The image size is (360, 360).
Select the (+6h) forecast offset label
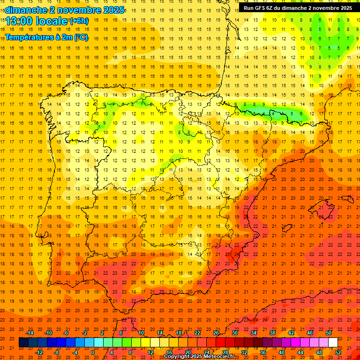click(x=79, y=21)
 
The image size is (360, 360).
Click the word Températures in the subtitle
click(x=28, y=37)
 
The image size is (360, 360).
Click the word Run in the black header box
click(x=248, y=8)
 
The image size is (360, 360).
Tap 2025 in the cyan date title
click(x=113, y=9)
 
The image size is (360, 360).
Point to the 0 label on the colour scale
click(x=92, y=352)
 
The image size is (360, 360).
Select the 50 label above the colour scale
click(x=329, y=333)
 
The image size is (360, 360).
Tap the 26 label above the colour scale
click(x=216, y=333)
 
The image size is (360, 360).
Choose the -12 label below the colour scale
click(x=39, y=352)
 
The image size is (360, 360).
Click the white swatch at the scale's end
click(x=333, y=343)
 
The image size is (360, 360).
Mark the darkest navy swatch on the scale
click(x=24, y=343)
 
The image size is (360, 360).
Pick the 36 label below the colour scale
click(x=263, y=352)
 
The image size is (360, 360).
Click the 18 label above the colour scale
click(x=179, y=333)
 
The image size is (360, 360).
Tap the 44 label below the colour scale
click(x=300, y=352)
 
